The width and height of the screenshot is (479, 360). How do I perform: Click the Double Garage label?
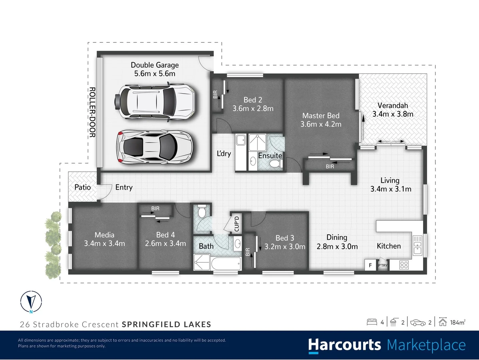(155, 65)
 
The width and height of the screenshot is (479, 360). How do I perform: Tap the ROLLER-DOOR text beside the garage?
(92, 112)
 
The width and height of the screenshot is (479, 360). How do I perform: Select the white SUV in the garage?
(155, 102)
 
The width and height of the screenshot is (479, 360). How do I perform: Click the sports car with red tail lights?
(155, 147)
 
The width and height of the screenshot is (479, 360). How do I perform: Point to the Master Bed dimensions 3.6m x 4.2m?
(321, 124)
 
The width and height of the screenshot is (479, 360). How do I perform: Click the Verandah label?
(392, 105)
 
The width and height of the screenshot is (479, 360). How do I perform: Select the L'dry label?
(224, 154)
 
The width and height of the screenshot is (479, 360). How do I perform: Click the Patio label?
(82, 187)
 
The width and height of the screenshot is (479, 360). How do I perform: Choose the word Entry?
(124, 187)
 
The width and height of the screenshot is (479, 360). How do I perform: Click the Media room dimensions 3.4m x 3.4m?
(104, 244)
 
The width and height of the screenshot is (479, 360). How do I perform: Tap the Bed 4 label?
(165, 235)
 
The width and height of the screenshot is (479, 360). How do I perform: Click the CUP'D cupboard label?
(237, 224)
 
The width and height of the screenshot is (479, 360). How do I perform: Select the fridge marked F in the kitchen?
(370, 265)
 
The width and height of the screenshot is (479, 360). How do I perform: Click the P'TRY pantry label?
(383, 266)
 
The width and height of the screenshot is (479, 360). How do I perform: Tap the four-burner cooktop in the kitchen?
(404, 265)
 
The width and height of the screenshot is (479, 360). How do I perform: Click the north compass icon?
(31, 301)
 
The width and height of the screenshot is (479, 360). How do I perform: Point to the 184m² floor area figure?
(457, 322)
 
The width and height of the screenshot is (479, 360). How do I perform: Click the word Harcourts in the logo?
(344, 345)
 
